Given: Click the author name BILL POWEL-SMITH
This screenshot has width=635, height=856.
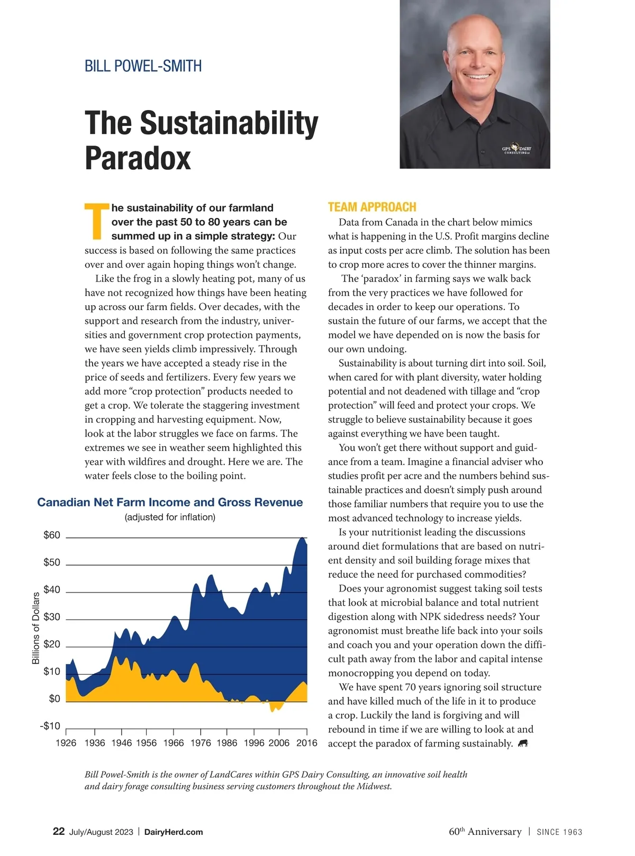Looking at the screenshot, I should click(x=143, y=67).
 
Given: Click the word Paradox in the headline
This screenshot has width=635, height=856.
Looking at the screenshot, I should click(x=138, y=158).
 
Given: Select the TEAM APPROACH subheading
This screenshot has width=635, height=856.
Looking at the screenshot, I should click(x=372, y=207).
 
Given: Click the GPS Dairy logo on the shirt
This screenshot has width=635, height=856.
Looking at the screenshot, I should click(x=516, y=150).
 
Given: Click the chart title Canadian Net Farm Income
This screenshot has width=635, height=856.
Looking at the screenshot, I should click(x=170, y=502).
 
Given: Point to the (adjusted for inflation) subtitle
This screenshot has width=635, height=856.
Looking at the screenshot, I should click(x=170, y=517).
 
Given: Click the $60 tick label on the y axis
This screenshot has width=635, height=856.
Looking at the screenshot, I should click(x=52, y=535).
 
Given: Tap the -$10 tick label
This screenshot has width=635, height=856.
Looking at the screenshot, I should click(x=50, y=726).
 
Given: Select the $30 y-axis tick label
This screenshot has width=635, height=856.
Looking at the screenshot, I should click(x=52, y=617).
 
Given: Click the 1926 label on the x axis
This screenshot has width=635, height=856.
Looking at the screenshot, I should click(x=66, y=743).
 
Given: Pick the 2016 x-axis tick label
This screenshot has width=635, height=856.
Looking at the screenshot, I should click(x=307, y=743).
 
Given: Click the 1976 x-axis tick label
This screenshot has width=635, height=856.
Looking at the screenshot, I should click(x=201, y=743).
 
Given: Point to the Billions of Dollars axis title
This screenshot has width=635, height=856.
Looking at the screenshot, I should click(x=36, y=628).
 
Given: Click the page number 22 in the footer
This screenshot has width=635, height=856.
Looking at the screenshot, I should click(x=59, y=831).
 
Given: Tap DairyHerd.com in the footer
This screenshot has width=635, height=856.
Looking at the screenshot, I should click(x=174, y=832).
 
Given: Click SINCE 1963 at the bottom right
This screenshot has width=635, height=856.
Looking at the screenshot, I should click(x=559, y=832).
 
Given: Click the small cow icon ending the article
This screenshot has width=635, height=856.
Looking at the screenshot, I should click(x=523, y=743).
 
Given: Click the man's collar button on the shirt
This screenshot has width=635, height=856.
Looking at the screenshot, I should click(x=483, y=152).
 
